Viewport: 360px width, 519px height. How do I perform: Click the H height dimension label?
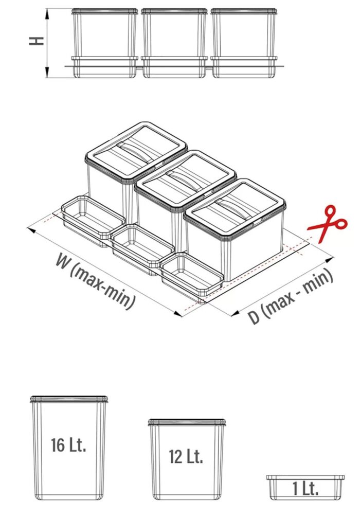coord(36,41)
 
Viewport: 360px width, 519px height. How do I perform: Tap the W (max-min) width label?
coord(96,281)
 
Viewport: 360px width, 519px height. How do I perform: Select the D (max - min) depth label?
coord(290,296)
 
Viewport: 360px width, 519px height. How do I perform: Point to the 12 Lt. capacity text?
coord(186,456)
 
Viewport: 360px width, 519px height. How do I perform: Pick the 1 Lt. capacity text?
coord(305,489)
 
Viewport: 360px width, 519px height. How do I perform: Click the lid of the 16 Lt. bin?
coord(69,399)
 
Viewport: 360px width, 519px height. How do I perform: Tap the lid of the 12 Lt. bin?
coord(187,422)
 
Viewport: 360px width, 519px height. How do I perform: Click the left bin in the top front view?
coord(104,43)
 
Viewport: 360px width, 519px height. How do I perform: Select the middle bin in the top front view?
coord(174,43)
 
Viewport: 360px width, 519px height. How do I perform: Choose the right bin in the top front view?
coord(244,43)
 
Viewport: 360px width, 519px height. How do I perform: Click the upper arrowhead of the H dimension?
coord(47,14)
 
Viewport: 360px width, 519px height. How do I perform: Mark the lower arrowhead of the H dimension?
coord(47,73)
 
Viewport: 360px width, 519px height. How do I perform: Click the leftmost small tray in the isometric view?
coord(93,221)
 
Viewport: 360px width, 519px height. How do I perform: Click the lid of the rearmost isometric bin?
coord(136,152)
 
